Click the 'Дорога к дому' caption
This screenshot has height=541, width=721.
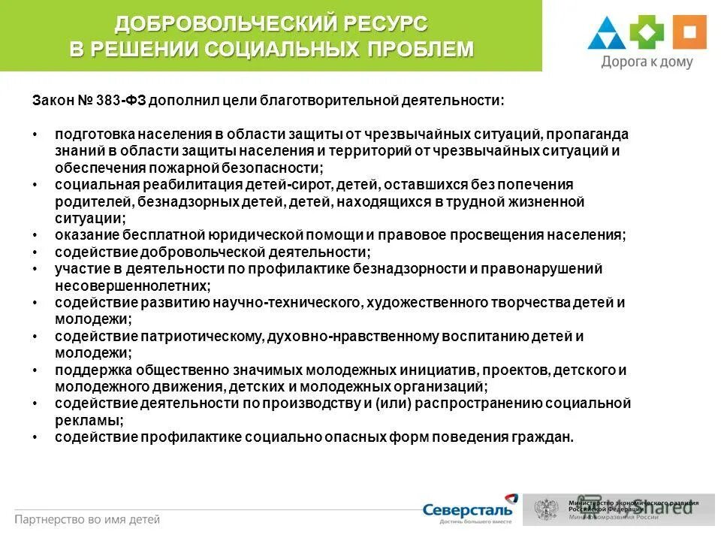point(646,62)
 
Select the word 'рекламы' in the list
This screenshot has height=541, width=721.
point(86,421)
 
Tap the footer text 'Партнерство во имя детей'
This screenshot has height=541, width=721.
point(87,519)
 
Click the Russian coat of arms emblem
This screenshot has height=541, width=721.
point(546,509)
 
